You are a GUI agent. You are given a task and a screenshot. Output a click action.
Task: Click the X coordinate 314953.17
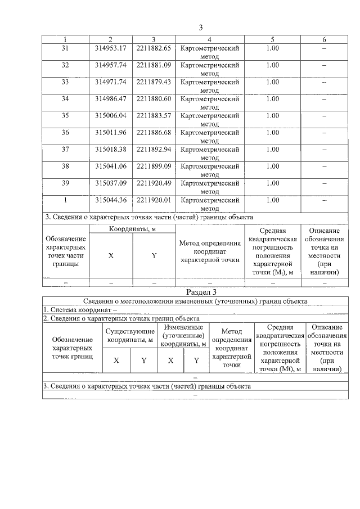click(x=110, y=48)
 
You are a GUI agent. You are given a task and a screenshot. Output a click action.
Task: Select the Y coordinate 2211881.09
click(x=154, y=65)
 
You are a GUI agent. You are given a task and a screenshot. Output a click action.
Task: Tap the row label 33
click(x=65, y=82)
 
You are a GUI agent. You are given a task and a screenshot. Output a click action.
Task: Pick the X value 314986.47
click(x=110, y=99)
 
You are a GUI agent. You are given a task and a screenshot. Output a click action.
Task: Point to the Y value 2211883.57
click(x=154, y=116)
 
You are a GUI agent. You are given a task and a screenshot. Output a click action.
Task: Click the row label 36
click(x=65, y=133)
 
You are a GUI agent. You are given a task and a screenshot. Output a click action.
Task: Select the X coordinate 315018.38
click(x=110, y=150)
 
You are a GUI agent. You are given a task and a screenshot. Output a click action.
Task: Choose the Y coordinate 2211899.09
click(x=154, y=166)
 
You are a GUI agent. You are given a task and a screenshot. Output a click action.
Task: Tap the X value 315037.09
click(x=110, y=183)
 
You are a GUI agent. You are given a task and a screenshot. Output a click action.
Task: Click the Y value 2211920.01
click(x=154, y=200)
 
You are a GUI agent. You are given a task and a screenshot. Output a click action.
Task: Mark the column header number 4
click(x=209, y=39)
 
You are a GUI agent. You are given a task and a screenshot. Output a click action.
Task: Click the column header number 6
click(x=323, y=39)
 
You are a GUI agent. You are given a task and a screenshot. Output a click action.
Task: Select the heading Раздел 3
click(x=201, y=292)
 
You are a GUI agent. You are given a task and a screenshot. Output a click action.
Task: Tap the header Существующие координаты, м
click(x=130, y=335)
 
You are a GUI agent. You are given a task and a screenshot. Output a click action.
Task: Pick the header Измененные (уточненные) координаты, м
click(x=183, y=335)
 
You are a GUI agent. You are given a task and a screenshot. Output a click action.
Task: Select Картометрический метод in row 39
click(x=209, y=187)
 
